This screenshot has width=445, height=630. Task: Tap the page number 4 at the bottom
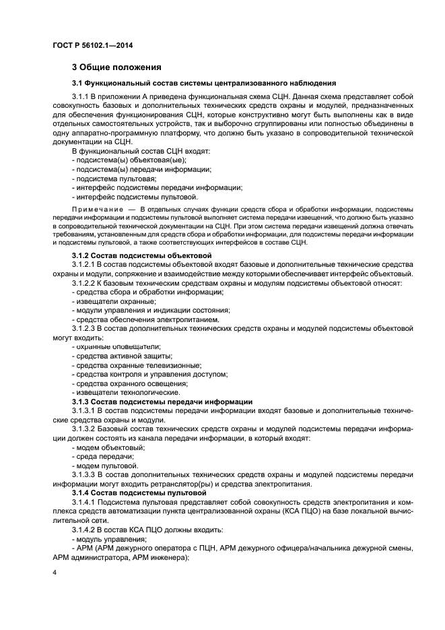pos(55,572)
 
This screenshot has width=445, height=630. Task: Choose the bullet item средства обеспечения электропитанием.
pos(147,319)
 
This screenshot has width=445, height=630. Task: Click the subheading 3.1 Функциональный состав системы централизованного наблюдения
pos(204,83)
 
